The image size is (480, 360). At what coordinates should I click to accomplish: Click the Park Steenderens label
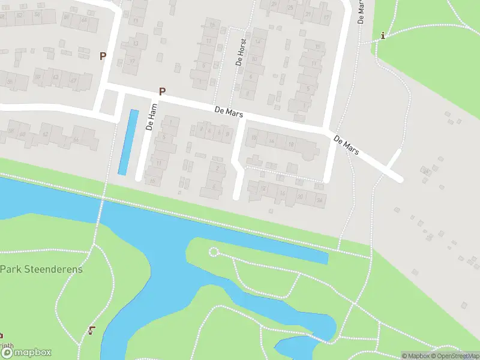[x=41, y=269]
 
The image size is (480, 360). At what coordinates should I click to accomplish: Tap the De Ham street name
[x=151, y=117]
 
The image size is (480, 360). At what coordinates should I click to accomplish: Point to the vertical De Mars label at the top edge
[x=361, y=11]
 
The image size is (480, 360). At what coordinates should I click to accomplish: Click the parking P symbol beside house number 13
[x=103, y=56]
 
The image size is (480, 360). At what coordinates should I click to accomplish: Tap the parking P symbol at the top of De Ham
[x=162, y=91]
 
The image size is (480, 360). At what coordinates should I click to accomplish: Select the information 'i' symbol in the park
[x=383, y=36]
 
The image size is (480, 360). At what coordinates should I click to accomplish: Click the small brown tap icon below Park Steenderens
[x=92, y=329]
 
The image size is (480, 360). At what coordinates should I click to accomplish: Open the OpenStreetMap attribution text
[x=454, y=356]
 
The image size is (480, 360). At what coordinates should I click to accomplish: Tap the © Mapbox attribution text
[x=415, y=356]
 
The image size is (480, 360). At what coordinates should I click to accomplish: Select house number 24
[x=320, y=199]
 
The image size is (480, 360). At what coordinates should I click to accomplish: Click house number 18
[x=291, y=145]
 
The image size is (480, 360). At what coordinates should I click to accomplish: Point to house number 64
[x=83, y=21]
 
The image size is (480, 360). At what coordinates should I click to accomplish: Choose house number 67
[x=73, y=80]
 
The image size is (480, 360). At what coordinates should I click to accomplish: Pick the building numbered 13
[x=136, y=44]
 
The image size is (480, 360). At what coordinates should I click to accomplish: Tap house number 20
[x=300, y=196]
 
